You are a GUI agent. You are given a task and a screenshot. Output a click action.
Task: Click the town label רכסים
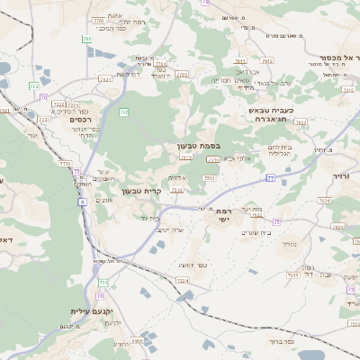point(81,119)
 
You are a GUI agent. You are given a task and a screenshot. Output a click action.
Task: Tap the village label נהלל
point(288,244)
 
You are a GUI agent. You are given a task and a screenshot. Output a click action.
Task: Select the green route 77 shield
point(270,178)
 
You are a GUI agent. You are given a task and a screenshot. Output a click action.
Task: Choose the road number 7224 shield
point(183,281)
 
